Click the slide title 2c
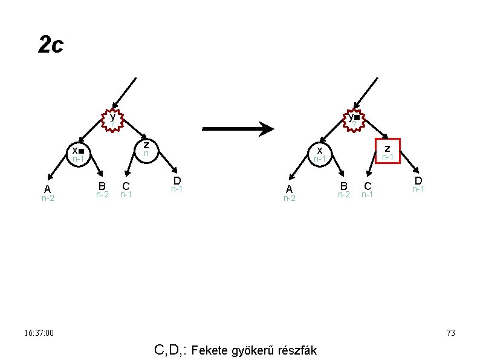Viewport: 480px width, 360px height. click(x=50, y=45)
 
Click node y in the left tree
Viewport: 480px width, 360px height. click(x=112, y=120)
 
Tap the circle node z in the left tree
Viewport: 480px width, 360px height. click(x=146, y=149)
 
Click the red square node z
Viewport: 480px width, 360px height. click(x=388, y=151)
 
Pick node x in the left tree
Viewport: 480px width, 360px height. click(x=77, y=153)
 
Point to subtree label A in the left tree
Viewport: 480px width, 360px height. click(x=47, y=189)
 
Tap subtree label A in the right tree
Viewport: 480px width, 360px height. click(x=290, y=189)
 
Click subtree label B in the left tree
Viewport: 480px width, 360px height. click(x=102, y=186)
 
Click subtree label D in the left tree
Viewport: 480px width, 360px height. click(x=177, y=181)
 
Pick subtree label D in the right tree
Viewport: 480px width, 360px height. click(x=418, y=181)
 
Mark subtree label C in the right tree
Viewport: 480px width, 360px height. click(x=367, y=186)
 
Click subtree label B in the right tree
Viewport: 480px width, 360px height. click(x=343, y=186)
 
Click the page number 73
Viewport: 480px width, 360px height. click(x=450, y=333)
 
